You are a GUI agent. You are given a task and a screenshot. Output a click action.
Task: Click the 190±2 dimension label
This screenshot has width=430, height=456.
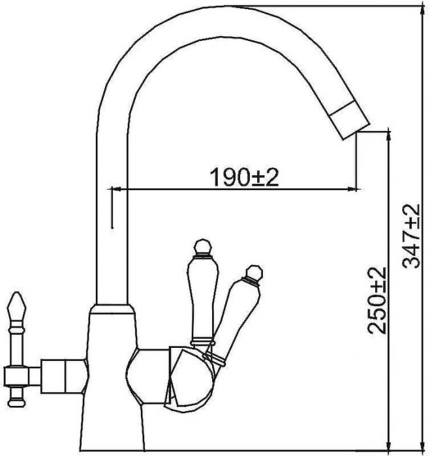(x=244, y=177)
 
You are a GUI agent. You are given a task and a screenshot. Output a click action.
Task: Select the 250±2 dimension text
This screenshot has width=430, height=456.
(x=376, y=300)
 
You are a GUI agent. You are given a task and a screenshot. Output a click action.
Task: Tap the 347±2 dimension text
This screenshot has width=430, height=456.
(x=411, y=236)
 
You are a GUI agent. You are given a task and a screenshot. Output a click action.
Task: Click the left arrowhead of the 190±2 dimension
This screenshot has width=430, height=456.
(x=115, y=190)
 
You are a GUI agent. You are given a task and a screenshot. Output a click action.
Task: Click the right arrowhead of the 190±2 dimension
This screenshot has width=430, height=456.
(x=352, y=190)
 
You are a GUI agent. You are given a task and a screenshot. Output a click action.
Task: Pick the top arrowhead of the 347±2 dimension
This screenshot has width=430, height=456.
(x=422, y=10)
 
